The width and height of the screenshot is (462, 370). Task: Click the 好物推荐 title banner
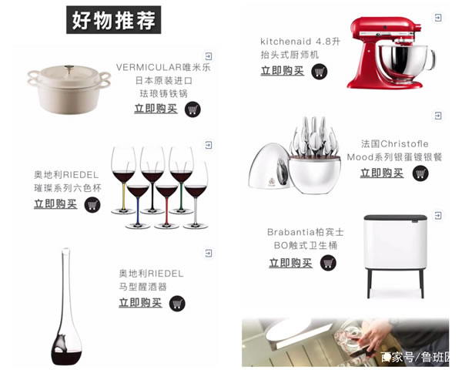[x=113, y=20]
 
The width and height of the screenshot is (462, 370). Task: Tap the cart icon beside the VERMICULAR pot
[x=192, y=109]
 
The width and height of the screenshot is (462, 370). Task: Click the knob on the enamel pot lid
[x=69, y=69]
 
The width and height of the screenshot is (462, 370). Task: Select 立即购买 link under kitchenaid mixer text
[x=282, y=71]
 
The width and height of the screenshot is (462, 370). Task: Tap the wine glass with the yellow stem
[x=123, y=180]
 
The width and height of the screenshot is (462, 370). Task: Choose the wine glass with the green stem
[x=181, y=180]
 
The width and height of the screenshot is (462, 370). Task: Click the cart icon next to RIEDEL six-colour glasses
[x=92, y=205]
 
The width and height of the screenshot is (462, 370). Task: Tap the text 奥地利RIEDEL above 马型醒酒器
[x=151, y=274]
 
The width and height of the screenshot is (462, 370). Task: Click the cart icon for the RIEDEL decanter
[x=177, y=303]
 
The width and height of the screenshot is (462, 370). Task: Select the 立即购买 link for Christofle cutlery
[x=382, y=173]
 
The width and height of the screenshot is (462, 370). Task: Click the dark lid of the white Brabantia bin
[x=396, y=217]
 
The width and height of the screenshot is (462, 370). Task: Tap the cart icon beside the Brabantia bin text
[x=328, y=263]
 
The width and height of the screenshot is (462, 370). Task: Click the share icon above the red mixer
[x=438, y=18]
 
